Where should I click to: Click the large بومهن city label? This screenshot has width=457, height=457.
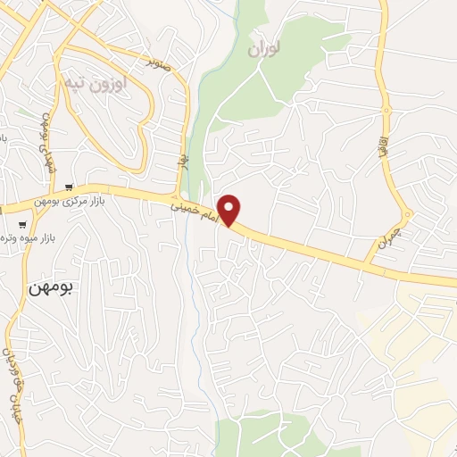click(49, 288)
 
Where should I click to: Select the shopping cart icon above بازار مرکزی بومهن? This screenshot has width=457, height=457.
click(68, 187)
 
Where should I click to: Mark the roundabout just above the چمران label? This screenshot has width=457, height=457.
click(407, 214)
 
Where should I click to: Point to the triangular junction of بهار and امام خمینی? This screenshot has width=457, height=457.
click(181, 195)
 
